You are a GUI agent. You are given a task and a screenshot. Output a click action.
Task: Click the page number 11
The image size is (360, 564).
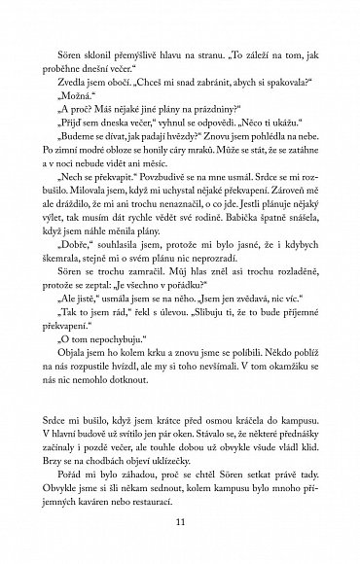(180, 525)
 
